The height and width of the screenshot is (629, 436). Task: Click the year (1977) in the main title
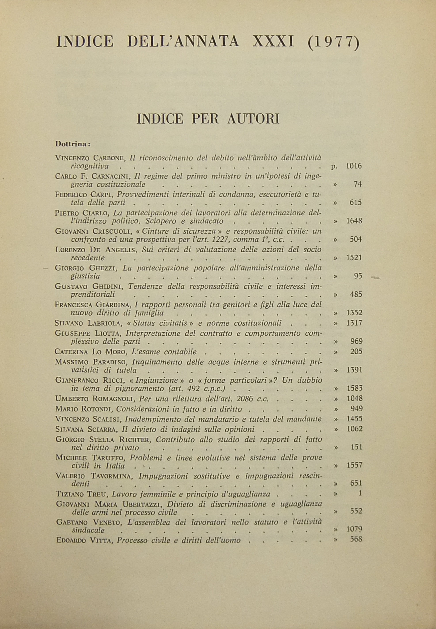click(333, 42)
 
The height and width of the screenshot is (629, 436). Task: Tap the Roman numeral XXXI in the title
click(273, 42)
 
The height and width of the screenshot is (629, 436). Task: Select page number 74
click(358, 185)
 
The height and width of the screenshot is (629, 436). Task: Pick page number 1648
click(354, 221)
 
